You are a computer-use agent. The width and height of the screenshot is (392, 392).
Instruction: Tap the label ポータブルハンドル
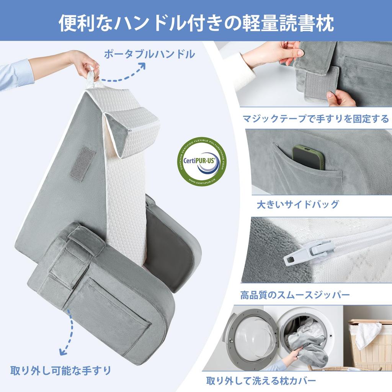[150, 54]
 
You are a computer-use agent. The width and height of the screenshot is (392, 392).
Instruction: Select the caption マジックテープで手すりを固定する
[315, 119]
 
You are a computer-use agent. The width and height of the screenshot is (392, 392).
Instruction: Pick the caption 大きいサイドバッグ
[298, 204]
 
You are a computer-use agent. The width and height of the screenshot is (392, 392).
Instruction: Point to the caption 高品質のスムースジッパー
[295, 295]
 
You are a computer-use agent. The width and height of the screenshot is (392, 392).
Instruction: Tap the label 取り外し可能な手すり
[61, 370]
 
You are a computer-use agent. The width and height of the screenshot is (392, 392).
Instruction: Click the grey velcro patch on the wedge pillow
[83, 163]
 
